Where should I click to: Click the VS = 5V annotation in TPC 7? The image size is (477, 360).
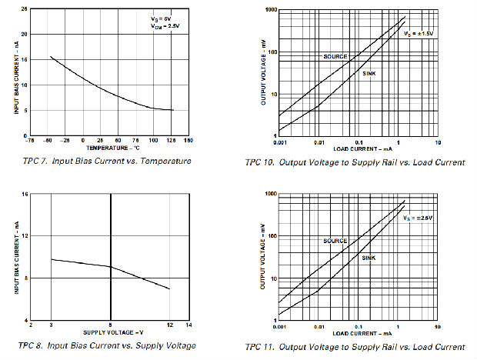point(162,17)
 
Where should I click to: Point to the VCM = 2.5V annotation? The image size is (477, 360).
point(165,25)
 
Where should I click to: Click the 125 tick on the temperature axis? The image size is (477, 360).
point(172,140)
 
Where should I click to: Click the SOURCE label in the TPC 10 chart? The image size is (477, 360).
point(335,56)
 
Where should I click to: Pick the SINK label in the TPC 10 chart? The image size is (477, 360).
point(370,72)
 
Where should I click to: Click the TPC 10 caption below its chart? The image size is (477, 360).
point(355,162)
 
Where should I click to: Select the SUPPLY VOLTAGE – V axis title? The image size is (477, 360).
point(112,332)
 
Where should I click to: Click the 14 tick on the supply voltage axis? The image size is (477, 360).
point(188,325)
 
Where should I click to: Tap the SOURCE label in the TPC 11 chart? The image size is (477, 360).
point(335,241)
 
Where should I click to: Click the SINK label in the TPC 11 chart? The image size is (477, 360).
point(369,257)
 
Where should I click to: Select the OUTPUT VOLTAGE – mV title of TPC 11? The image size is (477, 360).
point(263,259)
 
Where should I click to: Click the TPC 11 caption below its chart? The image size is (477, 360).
point(355,347)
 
